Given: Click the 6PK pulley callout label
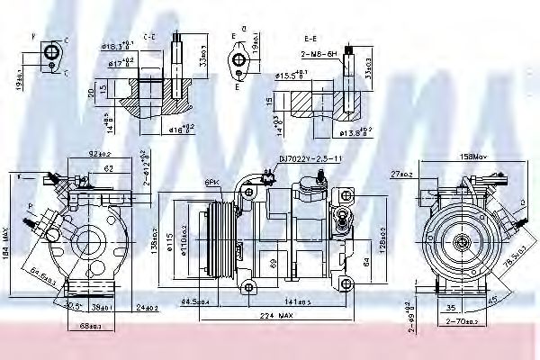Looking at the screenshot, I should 211,182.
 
